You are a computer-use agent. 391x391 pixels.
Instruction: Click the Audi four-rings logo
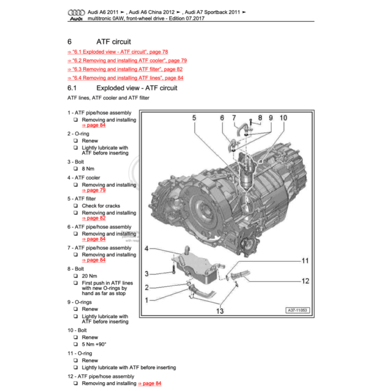76,13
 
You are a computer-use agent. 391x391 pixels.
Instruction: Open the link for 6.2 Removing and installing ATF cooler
127,60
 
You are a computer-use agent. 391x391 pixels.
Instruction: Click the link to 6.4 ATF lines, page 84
125,78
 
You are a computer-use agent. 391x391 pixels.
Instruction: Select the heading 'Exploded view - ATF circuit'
137,88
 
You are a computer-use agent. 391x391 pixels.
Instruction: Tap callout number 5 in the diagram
194,118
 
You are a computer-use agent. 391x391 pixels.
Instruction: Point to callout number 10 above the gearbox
283,118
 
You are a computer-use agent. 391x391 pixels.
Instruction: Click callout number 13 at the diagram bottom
220,311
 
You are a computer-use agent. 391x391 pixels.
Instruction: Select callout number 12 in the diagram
305,281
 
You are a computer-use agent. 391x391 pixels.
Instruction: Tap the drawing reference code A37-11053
297,310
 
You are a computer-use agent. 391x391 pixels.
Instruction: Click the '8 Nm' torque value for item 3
88,169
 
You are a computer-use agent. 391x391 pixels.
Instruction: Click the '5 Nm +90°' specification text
94,344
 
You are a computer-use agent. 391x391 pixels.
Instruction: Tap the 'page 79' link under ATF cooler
94,190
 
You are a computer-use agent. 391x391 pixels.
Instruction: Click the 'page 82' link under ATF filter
94,218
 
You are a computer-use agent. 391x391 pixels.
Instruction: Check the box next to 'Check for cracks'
76,206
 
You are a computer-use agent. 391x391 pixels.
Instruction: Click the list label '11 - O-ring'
80,354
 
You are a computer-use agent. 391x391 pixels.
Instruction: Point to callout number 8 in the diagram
260,118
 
